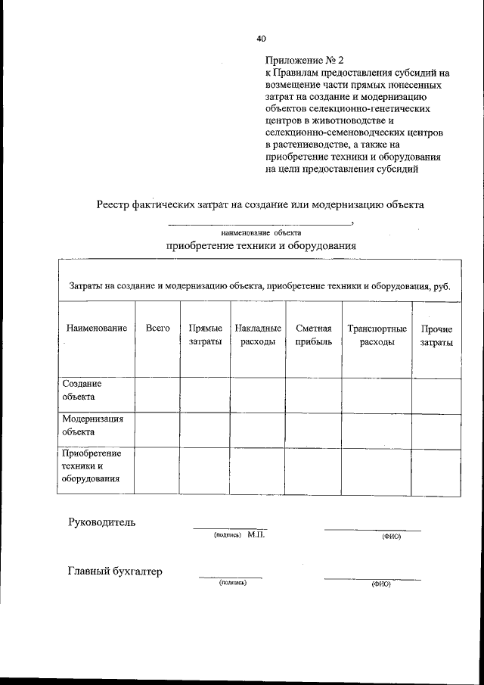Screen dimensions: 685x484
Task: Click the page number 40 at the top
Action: click(261, 38)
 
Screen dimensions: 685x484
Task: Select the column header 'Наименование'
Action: click(96, 329)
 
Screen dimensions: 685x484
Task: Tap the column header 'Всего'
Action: click(157, 329)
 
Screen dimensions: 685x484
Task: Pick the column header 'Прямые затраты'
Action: click(205, 335)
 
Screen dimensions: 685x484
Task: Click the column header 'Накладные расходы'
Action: click(258, 335)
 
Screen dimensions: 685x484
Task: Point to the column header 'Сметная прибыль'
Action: click(314, 335)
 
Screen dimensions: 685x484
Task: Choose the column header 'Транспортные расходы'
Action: click(377, 335)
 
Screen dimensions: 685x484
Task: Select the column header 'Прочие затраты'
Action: click(436, 335)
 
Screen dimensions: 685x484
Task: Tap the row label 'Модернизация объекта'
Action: click(92, 425)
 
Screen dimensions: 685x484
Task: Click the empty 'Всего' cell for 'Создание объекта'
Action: click(157, 394)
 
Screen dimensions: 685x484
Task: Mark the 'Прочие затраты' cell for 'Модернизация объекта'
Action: click(436, 430)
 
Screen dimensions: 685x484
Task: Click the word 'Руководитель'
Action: click(102, 522)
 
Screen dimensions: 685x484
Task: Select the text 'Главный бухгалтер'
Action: click(115, 572)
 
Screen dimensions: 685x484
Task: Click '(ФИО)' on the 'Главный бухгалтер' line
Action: click(380, 585)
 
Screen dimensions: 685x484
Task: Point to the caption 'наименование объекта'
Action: click(261, 233)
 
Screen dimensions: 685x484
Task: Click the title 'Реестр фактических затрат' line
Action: click(260, 204)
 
